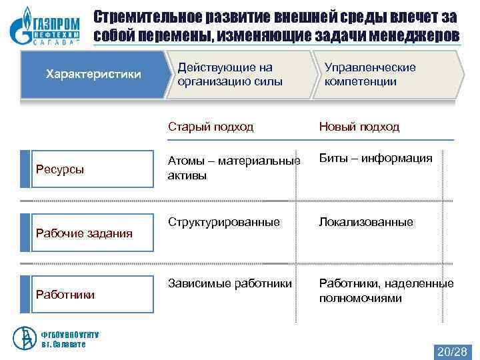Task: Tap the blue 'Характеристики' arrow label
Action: tap(93, 74)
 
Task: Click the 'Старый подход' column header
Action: tap(211, 127)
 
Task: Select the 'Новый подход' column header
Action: tap(359, 127)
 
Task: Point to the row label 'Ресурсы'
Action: tap(60, 169)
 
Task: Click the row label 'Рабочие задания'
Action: tap(84, 233)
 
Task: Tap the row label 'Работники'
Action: tap(65, 294)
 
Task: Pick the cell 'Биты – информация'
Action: tap(376, 159)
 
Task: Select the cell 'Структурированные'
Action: tap(224, 222)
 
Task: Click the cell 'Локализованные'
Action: tap(366, 222)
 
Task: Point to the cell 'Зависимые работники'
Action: tap(230, 283)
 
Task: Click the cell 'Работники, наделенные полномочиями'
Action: tap(386, 291)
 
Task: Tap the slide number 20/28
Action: tap(452, 351)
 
